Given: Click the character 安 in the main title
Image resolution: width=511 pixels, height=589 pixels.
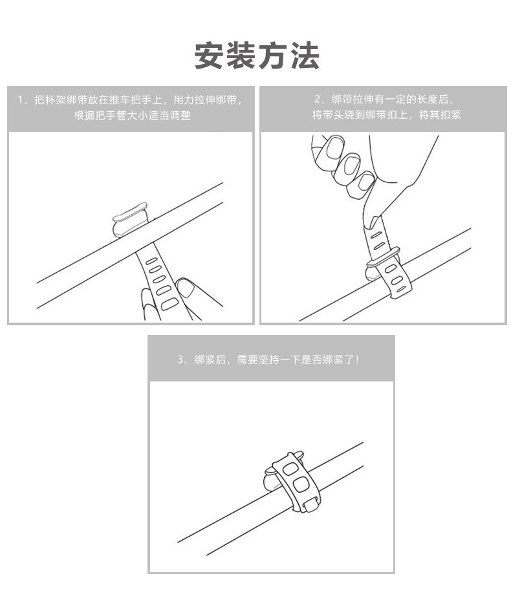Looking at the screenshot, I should [210, 56].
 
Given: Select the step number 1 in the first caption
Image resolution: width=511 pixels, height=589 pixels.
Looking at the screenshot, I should [21, 100].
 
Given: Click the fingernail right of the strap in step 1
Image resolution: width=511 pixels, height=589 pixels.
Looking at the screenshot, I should [186, 286].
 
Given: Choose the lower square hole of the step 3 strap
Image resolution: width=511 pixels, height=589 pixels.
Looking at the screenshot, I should [301, 485].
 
